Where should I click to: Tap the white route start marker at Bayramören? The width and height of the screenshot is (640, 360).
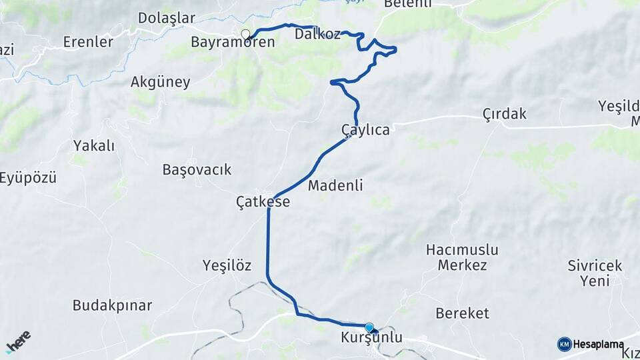tap(245, 34)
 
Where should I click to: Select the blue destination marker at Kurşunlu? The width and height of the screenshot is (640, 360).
tap(369, 327)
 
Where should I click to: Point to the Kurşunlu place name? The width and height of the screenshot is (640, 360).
tap(371, 338)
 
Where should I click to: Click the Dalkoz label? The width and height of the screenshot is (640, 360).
tap(317, 33)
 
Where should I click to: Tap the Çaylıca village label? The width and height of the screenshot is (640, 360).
tap(365, 130)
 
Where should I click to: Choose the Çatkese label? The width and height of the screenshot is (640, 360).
tap(263, 201)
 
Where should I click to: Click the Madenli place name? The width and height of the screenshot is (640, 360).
tap(335, 186)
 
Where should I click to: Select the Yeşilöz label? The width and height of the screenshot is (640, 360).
tap(227, 265)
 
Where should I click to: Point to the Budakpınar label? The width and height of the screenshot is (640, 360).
tap(112, 306)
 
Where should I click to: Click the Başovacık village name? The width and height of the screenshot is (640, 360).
tap(197, 169)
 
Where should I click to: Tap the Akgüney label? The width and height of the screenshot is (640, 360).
tap(161, 83)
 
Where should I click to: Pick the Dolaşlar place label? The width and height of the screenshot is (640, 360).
tap(167, 18)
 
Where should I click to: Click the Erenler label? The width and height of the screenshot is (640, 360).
tap(87, 42)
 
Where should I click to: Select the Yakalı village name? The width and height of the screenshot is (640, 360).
tap(94, 145)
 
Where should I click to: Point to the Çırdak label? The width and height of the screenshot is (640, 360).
tap(505, 114)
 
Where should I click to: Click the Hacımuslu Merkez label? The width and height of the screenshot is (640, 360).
tap(463, 258)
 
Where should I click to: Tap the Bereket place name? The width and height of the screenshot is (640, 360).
tap(462, 313)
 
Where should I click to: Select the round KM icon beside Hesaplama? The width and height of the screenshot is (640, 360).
tap(564, 344)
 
